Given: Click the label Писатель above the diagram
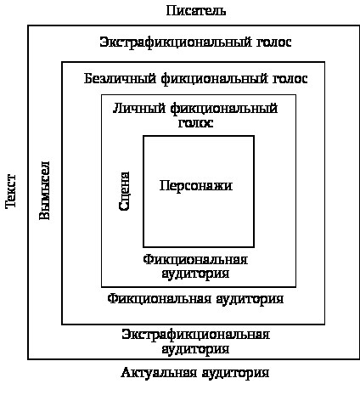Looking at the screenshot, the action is pyautogui.click(x=196, y=11).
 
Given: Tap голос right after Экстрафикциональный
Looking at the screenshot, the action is pyautogui.click(x=274, y=42).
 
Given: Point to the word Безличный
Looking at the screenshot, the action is pyautogui.click(x=120, y=78).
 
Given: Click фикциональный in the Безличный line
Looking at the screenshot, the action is pyautogui.click(x=214, y=79).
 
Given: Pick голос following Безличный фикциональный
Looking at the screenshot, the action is pyautogui.click(x=290, y=79).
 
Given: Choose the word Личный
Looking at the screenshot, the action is pyautogui.click(x=139, y=109).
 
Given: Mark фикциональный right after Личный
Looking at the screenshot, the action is pyautogui.click(x=224, y=109).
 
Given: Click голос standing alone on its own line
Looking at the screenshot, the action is pyautogui.click(x=195, y=123).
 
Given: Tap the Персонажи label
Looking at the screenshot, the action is pyautogui.click(x=196, y=186).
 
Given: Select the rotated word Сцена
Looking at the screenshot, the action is pyautogui.click(x=124, y=191).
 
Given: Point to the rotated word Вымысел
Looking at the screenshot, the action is pyautogui.click(x=44, y=190).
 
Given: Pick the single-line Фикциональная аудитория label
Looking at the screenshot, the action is pyautogui.click(x=195, y=299).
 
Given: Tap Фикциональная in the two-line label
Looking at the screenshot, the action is pyautogui.click(x=195, y=259).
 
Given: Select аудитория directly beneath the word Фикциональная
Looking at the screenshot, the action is pyautogui.click(x=195, y=274).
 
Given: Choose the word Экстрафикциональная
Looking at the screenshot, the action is pyautogui.click(x=195, y=335).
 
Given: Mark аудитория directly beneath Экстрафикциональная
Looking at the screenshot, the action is pyautogui.click(x=195, y=349).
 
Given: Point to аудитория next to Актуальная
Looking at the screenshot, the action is pyautogui.click(x=235, y=373).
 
